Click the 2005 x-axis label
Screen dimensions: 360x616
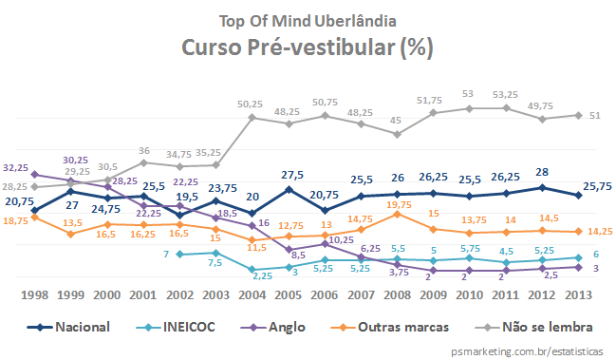click(289, 296)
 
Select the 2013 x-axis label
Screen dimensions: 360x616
click(581, 296)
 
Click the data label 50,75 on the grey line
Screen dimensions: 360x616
click(324, 102)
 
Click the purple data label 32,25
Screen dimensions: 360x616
click(15, 166)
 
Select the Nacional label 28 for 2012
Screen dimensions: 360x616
click(542, 173)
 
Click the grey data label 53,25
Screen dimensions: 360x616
click(505, 95)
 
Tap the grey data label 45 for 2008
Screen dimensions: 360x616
click(397, 121)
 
